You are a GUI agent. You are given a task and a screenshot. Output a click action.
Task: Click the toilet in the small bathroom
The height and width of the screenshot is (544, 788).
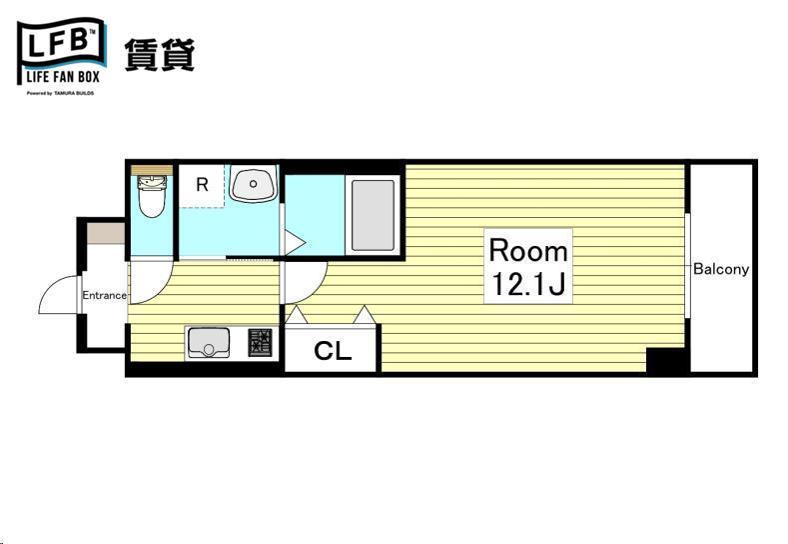point(151,196)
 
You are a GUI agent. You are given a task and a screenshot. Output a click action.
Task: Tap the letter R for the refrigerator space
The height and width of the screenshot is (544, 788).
point(202,185)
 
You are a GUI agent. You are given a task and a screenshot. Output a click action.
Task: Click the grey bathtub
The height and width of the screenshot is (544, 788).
point(372,214)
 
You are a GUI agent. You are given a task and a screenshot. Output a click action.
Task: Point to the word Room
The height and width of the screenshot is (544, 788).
point(527,250)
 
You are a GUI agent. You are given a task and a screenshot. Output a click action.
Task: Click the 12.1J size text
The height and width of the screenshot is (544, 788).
point(527,285)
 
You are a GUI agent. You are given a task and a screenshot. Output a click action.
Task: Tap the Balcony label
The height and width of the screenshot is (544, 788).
point(721,269)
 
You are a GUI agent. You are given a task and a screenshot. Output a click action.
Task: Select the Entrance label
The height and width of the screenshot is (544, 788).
point(104,295)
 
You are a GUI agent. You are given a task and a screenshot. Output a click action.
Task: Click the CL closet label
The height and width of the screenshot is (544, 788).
point(333,351)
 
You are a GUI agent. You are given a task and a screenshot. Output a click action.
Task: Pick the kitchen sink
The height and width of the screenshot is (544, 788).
point(209,342)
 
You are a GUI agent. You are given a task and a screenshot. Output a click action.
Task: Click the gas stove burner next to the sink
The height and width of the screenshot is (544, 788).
point(260,343)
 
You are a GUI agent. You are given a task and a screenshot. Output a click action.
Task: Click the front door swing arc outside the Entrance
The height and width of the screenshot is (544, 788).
point(58,294)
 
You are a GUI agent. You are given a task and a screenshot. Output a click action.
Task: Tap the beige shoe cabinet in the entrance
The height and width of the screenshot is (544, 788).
point(105,234)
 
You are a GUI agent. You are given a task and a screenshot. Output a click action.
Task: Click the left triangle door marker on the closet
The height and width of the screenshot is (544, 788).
point(296,316)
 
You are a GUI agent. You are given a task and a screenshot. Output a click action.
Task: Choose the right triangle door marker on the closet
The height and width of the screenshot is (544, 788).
point(365,316)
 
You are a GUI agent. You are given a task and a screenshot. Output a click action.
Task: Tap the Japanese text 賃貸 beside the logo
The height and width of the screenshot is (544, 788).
point(159,54)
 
